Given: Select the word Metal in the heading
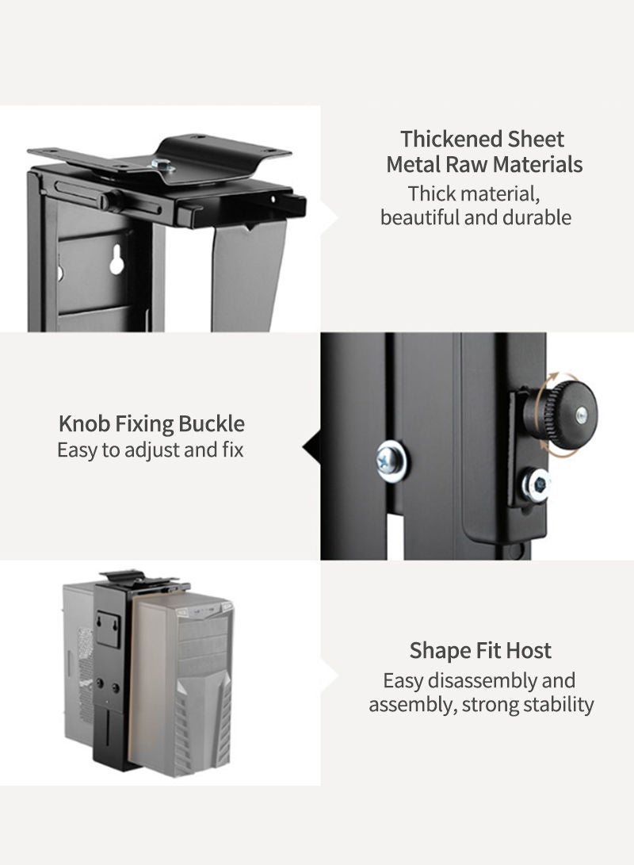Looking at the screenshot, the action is coord(413,164).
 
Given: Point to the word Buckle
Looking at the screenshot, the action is coord(212,423).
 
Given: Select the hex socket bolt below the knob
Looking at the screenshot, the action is coord(537,484).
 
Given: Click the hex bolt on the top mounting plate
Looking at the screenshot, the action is coord(162,165).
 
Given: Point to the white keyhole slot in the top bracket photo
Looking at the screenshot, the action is coord(116,260).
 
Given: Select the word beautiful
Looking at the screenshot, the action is coord(420,217).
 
